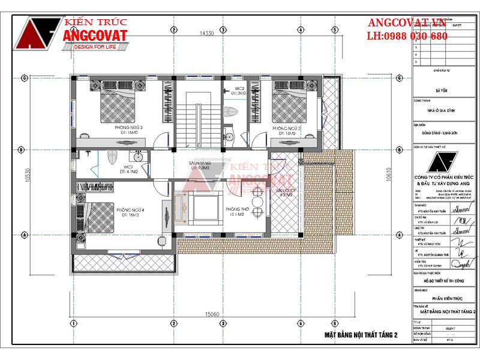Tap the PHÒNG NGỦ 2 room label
click(286, 128)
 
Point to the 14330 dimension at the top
click(207, 34)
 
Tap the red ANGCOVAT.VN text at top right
click(408, 23)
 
